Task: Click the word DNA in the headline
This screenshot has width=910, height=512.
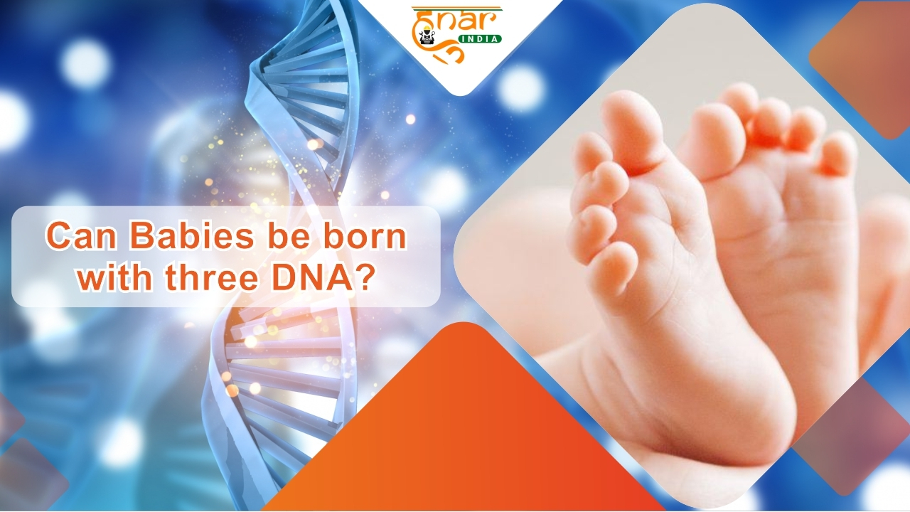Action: pyautogui.click(x=312, y=277)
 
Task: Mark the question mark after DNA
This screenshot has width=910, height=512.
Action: pyautogui.click(x=363, y=277)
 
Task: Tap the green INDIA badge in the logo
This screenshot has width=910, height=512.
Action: pyautogui.click(x=480, y=39)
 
